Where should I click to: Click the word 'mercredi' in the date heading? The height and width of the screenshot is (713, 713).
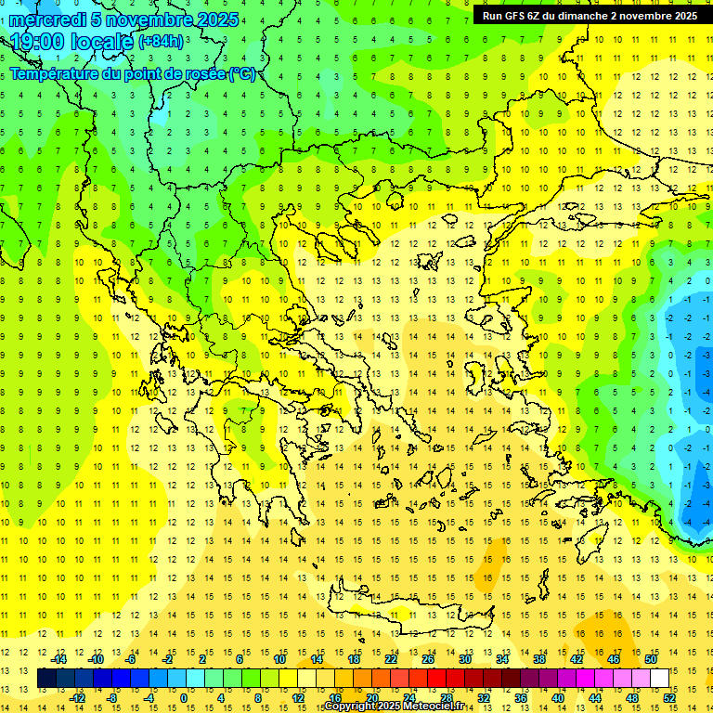click(47, 19)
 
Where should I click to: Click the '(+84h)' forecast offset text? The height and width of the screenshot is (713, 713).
click(161, 42)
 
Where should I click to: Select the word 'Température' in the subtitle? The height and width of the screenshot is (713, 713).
click(56, 73)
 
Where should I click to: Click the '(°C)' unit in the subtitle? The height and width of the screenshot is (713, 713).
click(242, 73)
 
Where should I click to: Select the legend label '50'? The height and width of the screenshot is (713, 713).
click(651, 658)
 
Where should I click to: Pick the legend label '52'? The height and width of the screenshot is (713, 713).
click(670, 698)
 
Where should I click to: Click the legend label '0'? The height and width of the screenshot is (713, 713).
click(184, 698)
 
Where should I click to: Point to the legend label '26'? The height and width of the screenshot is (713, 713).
click(428, 658)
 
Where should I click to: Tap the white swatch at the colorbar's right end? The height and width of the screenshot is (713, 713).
click(660, 679)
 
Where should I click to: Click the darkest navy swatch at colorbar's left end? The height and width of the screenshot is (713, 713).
click(46, 679)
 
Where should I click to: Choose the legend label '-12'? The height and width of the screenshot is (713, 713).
click(77, 698)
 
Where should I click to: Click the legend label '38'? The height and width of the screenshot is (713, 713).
click(539, 658)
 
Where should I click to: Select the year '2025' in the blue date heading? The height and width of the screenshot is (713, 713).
click(210, 19)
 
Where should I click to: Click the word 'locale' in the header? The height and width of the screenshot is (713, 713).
click(102, 41)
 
